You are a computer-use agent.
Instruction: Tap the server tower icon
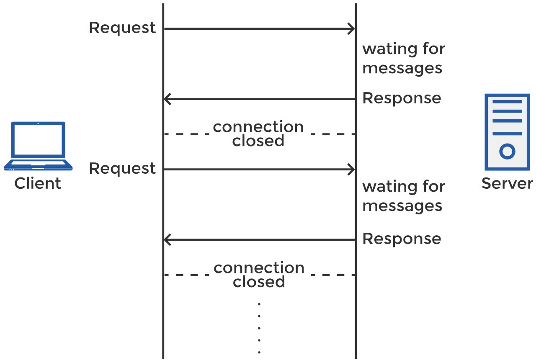pyautogui.click(x=507, y=132)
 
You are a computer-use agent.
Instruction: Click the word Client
pyautogui.click(x=38, y=183)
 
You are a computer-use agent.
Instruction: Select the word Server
pyautogui.click(x=507, y=183)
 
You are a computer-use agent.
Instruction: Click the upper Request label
pyautogui.click(x=122, y=28)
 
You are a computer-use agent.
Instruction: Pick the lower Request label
pyautogui.click(x=122, y=169)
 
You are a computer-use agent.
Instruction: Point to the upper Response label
pyautogui.click(x=402, y=98)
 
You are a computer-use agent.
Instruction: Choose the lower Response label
pyautogui.click(x=402, y=239)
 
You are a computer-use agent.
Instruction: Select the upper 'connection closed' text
pyautogui.click(x=258, y=134)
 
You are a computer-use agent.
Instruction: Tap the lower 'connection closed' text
pyautogui.click(x=259, y=275)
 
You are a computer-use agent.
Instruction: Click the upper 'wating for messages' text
pyautogui.click(x=403, y=58)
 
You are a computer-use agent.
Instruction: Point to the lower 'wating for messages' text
pyautogui.click(x=403, y=195)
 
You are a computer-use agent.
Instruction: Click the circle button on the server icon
pyautogui.click(x=507, y=151)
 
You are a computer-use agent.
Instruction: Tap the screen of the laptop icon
pyautogui.click(x=38, y=140)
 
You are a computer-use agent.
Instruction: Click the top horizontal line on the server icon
pyautogui.click(x=507, y=102)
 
